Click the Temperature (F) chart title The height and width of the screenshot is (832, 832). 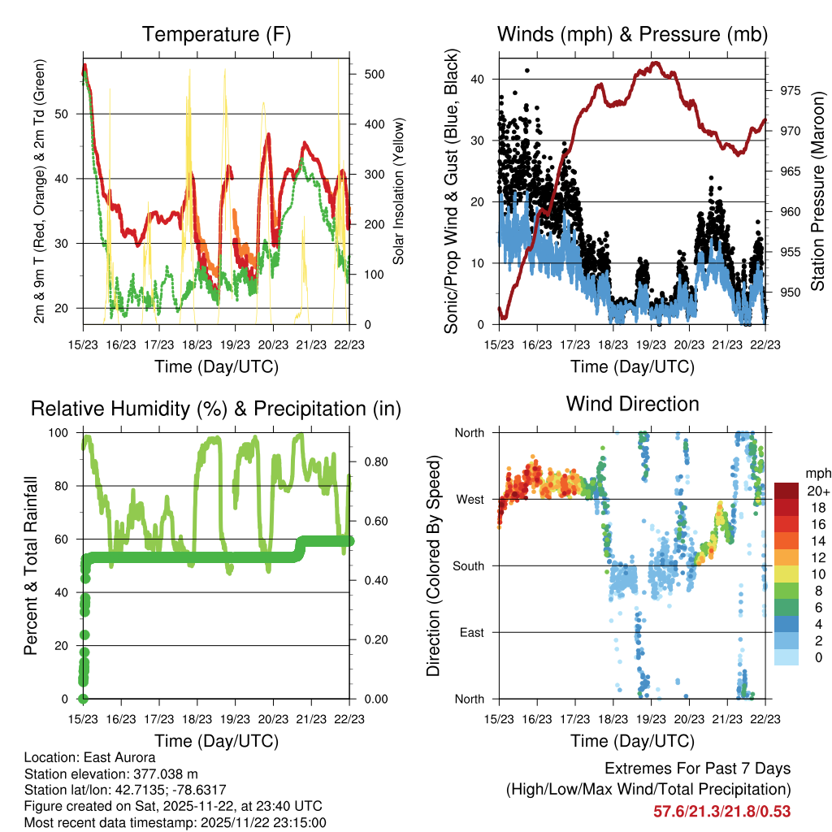pyautogui.click(x=216, y=34)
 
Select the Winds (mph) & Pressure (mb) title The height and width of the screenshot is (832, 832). pyautogui.click(x=633, y=34)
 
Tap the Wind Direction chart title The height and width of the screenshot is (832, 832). pyautogui.click(x=633, y=404)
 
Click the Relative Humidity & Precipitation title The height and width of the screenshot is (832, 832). pyautogui.click(x=216, y=409)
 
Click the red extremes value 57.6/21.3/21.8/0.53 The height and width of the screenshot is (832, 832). pyautogui.click(x=721, y=811)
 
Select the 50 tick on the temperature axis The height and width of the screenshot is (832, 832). pyautogui.click(x=67, y=114)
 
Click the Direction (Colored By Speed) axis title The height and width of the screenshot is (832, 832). pyautogui.click(x=434, y=565)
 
